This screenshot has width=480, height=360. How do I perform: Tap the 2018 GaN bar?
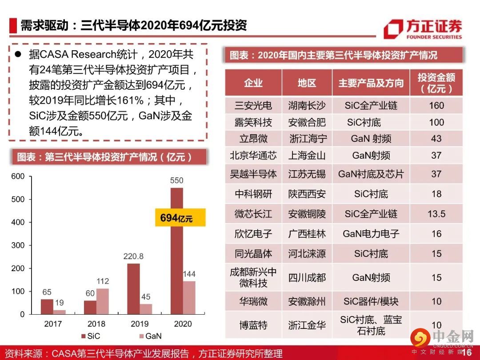[102, 301]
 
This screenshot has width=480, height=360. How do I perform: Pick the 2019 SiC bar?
[133, 288]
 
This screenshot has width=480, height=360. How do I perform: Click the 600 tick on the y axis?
[18, 176]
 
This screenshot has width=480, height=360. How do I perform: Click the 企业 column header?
[253, 83]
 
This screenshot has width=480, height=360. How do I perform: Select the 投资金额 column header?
[436, 83]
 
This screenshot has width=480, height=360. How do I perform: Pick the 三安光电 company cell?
[253, 106]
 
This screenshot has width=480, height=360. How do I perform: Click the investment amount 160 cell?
[436, 106]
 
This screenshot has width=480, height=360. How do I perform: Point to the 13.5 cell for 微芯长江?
[436, 214]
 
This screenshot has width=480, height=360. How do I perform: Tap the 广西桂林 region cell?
[307, 233]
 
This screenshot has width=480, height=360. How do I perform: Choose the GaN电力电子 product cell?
[371, 233]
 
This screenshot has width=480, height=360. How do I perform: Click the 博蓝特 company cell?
[253, 325]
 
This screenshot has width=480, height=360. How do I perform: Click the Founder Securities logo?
[422, 29]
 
